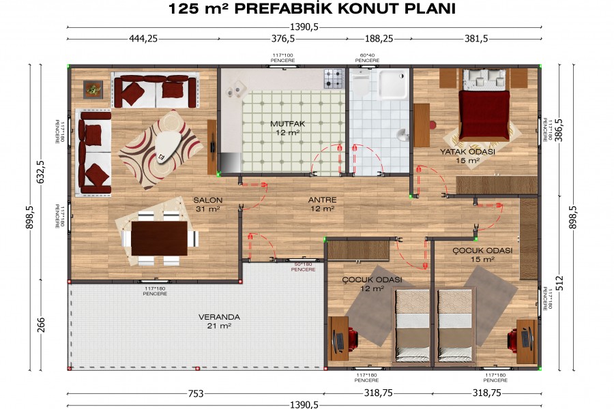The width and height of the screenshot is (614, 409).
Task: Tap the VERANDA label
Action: click(215, 317)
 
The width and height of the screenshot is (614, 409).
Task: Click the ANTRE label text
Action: click(322, 200)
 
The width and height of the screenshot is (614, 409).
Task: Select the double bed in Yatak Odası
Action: click(484, 108)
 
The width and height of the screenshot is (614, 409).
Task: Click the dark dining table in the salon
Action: click(160, 238)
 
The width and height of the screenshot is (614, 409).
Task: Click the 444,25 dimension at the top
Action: click(143, 39)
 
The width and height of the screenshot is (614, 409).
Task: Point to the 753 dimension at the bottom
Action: click(196, 393)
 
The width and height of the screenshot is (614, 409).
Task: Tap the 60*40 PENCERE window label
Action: click(369, 58)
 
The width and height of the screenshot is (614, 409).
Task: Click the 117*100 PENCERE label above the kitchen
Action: click(283, 58)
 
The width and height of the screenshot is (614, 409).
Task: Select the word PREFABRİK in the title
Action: click(289, 9)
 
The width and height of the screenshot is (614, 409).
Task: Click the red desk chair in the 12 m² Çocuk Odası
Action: click(351, 337)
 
